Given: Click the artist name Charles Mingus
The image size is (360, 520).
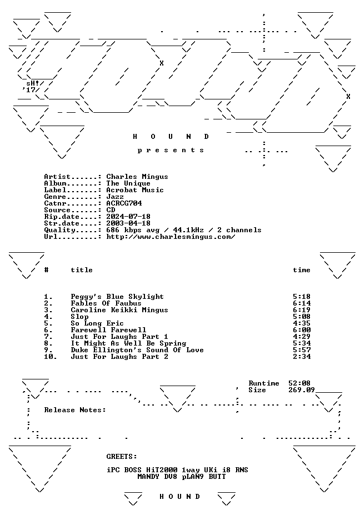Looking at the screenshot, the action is [137, 177].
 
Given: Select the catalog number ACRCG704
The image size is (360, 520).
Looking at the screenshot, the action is [124, 203].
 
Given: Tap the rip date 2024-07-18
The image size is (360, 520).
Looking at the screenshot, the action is [128, 217].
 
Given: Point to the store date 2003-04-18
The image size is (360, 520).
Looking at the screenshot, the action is [128, 223].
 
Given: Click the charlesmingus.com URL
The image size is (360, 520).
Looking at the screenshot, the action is [171, 237].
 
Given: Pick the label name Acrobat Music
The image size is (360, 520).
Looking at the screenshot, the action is [135, 190].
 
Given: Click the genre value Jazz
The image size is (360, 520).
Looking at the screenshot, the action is [115, 197].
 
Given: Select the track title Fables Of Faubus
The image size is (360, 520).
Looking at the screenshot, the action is [106, 303].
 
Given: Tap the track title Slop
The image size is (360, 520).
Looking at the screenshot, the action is [79, 317].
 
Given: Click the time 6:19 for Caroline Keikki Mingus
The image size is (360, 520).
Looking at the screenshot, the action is [302, 310].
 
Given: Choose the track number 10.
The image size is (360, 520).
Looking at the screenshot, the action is [51, 357].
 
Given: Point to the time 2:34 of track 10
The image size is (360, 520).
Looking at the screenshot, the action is [302, 357].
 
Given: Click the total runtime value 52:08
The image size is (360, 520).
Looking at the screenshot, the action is [299, 383].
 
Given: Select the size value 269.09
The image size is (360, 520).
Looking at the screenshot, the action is [301, 390].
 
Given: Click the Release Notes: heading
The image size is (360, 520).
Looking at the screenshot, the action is [75, 410].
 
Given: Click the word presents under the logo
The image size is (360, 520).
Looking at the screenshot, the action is [171, 150].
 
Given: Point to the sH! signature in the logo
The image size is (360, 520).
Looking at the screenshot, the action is [33, 83].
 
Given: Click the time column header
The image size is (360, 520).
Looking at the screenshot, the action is [302, 270].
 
